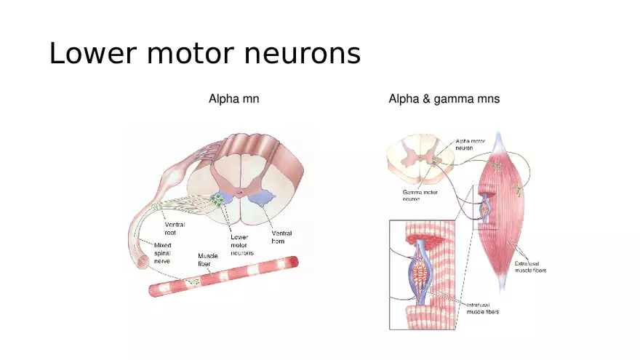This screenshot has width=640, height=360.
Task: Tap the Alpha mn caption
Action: pyautogui.click(x=233, y=99)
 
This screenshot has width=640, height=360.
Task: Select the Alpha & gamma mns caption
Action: pyautogui.click(x=444, y=99)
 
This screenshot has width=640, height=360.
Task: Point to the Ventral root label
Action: pyautogui.click(x=175, y=229)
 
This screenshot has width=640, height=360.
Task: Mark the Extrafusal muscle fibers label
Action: pyautogui.click(x=530, y=266)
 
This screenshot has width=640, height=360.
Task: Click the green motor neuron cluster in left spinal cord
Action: pyautogui.click(x=218, y=199)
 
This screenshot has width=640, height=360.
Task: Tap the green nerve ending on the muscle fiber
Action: pyautogui.click(x=193, y=281)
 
